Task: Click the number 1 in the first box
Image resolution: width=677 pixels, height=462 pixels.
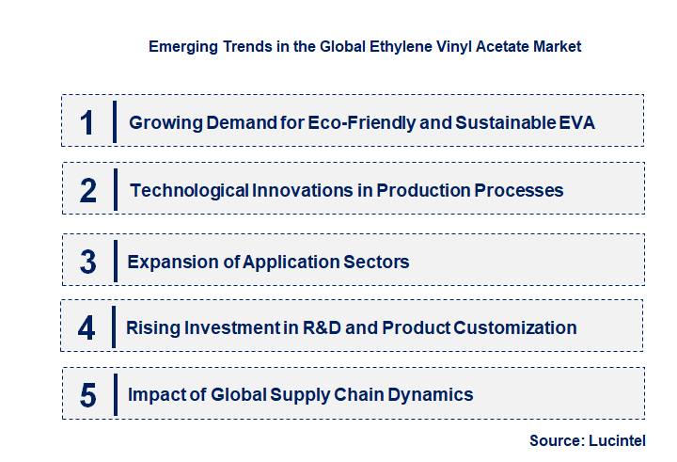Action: tap(87, 122)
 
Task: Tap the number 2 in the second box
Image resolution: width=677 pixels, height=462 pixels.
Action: tap(88, 191)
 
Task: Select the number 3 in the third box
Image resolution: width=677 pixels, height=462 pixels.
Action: tap(87, 262)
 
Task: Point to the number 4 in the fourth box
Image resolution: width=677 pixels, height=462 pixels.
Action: tap(87, 328)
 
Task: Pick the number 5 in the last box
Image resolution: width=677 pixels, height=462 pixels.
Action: tap(87, 395)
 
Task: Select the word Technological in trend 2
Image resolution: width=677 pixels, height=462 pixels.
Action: tap(189, 191)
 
